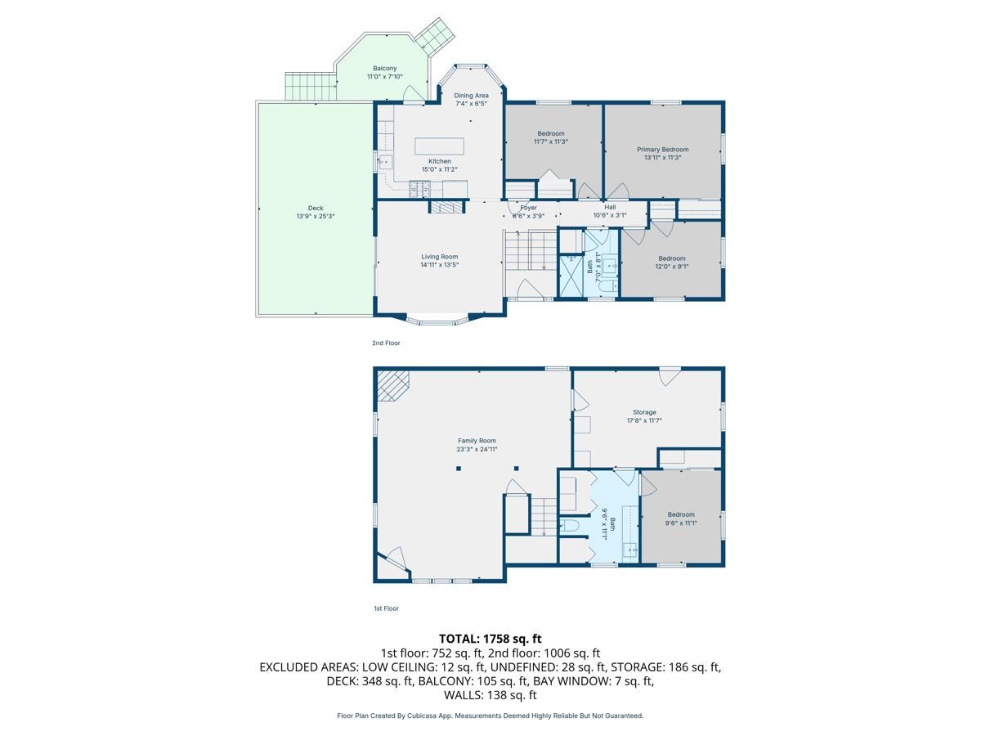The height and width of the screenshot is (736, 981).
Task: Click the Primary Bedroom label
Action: [x=662, y=150]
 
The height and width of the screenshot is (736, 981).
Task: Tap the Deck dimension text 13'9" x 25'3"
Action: [x=316, y=216]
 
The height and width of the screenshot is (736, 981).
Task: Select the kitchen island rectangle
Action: [x=439, y=146]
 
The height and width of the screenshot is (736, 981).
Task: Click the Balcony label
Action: [x=384, y=68]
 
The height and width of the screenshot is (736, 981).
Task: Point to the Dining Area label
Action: [x=471, y=96]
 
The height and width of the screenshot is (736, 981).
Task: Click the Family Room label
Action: [x=477, y=441]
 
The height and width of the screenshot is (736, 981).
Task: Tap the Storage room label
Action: [x=644, y=412]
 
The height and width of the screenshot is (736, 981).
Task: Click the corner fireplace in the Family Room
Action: [x=392, y=384]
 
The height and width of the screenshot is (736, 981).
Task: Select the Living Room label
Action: [x=439, y=257]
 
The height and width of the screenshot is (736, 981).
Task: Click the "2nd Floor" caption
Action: [x=386, y=343]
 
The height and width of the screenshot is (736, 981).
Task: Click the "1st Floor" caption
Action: [x=386, y=608]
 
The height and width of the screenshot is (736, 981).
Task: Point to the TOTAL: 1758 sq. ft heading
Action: [x=490, y=639]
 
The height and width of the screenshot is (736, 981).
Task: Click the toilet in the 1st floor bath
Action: [x=571, y=525]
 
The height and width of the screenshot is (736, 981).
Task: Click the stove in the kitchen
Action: [x=419, y=190]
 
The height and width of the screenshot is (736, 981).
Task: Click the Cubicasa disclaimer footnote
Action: [x=490, y=716]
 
